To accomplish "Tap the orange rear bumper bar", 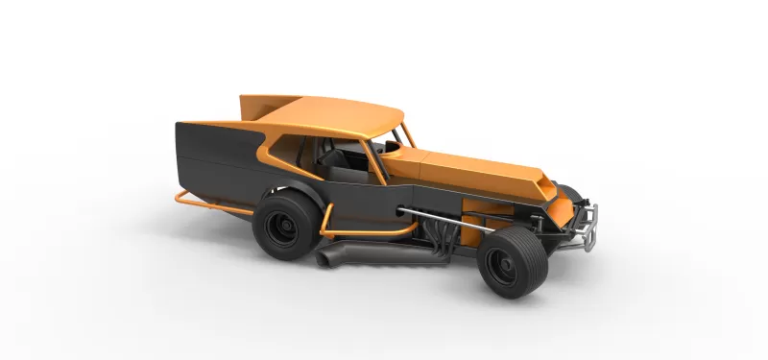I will click(x=192, y=201).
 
